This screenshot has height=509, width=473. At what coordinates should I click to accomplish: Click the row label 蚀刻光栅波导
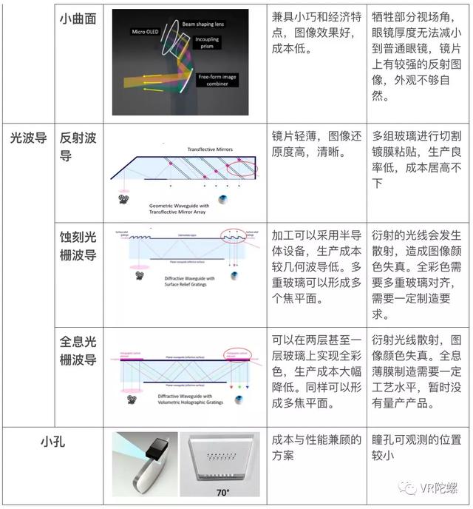pos(78,247)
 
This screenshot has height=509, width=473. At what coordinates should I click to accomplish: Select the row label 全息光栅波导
pos(78,351)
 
